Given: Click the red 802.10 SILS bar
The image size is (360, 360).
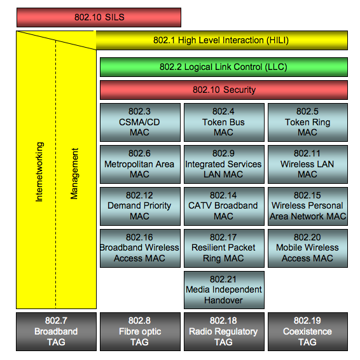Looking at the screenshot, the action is tap(99, 17).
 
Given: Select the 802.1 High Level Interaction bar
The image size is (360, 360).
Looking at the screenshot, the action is tap(221, 41).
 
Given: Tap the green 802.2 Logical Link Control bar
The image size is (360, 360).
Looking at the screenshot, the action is tap(224, 67).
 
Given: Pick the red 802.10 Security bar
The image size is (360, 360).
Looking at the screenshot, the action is tap(224, 90).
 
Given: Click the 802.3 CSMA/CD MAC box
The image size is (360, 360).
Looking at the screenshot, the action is tap(140, 122).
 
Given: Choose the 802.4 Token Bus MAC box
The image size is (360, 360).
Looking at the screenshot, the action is tap(224, 122).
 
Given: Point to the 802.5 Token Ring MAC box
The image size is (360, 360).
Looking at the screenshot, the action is tap(308, 122).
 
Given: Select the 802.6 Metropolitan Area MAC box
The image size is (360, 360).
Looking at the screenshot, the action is tap(140, 164).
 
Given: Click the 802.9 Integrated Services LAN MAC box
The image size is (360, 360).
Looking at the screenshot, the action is tap(224, 164).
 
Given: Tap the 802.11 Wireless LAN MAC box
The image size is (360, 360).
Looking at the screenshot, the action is tap(308, 164).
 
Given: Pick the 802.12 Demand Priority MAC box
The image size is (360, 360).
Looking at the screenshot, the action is tap(140, 206).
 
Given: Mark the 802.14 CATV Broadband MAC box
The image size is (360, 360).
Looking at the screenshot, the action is tap(224, 206).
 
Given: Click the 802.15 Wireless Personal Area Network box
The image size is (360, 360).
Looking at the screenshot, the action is tap(308, 206).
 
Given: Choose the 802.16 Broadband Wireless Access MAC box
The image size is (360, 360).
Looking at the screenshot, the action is tap(140, 248).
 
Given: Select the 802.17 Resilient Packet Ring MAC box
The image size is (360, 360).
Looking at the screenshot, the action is tap(224, 248).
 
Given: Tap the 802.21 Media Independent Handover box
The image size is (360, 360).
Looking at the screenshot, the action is tap(224, 290).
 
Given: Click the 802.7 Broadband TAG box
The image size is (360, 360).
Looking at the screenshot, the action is tap(56, 331).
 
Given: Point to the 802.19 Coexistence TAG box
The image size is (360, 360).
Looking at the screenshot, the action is tap(308, 331).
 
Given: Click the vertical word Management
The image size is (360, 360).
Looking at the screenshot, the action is tap(74, 174).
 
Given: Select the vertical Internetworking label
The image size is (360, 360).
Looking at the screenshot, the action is tap(39, 172).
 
